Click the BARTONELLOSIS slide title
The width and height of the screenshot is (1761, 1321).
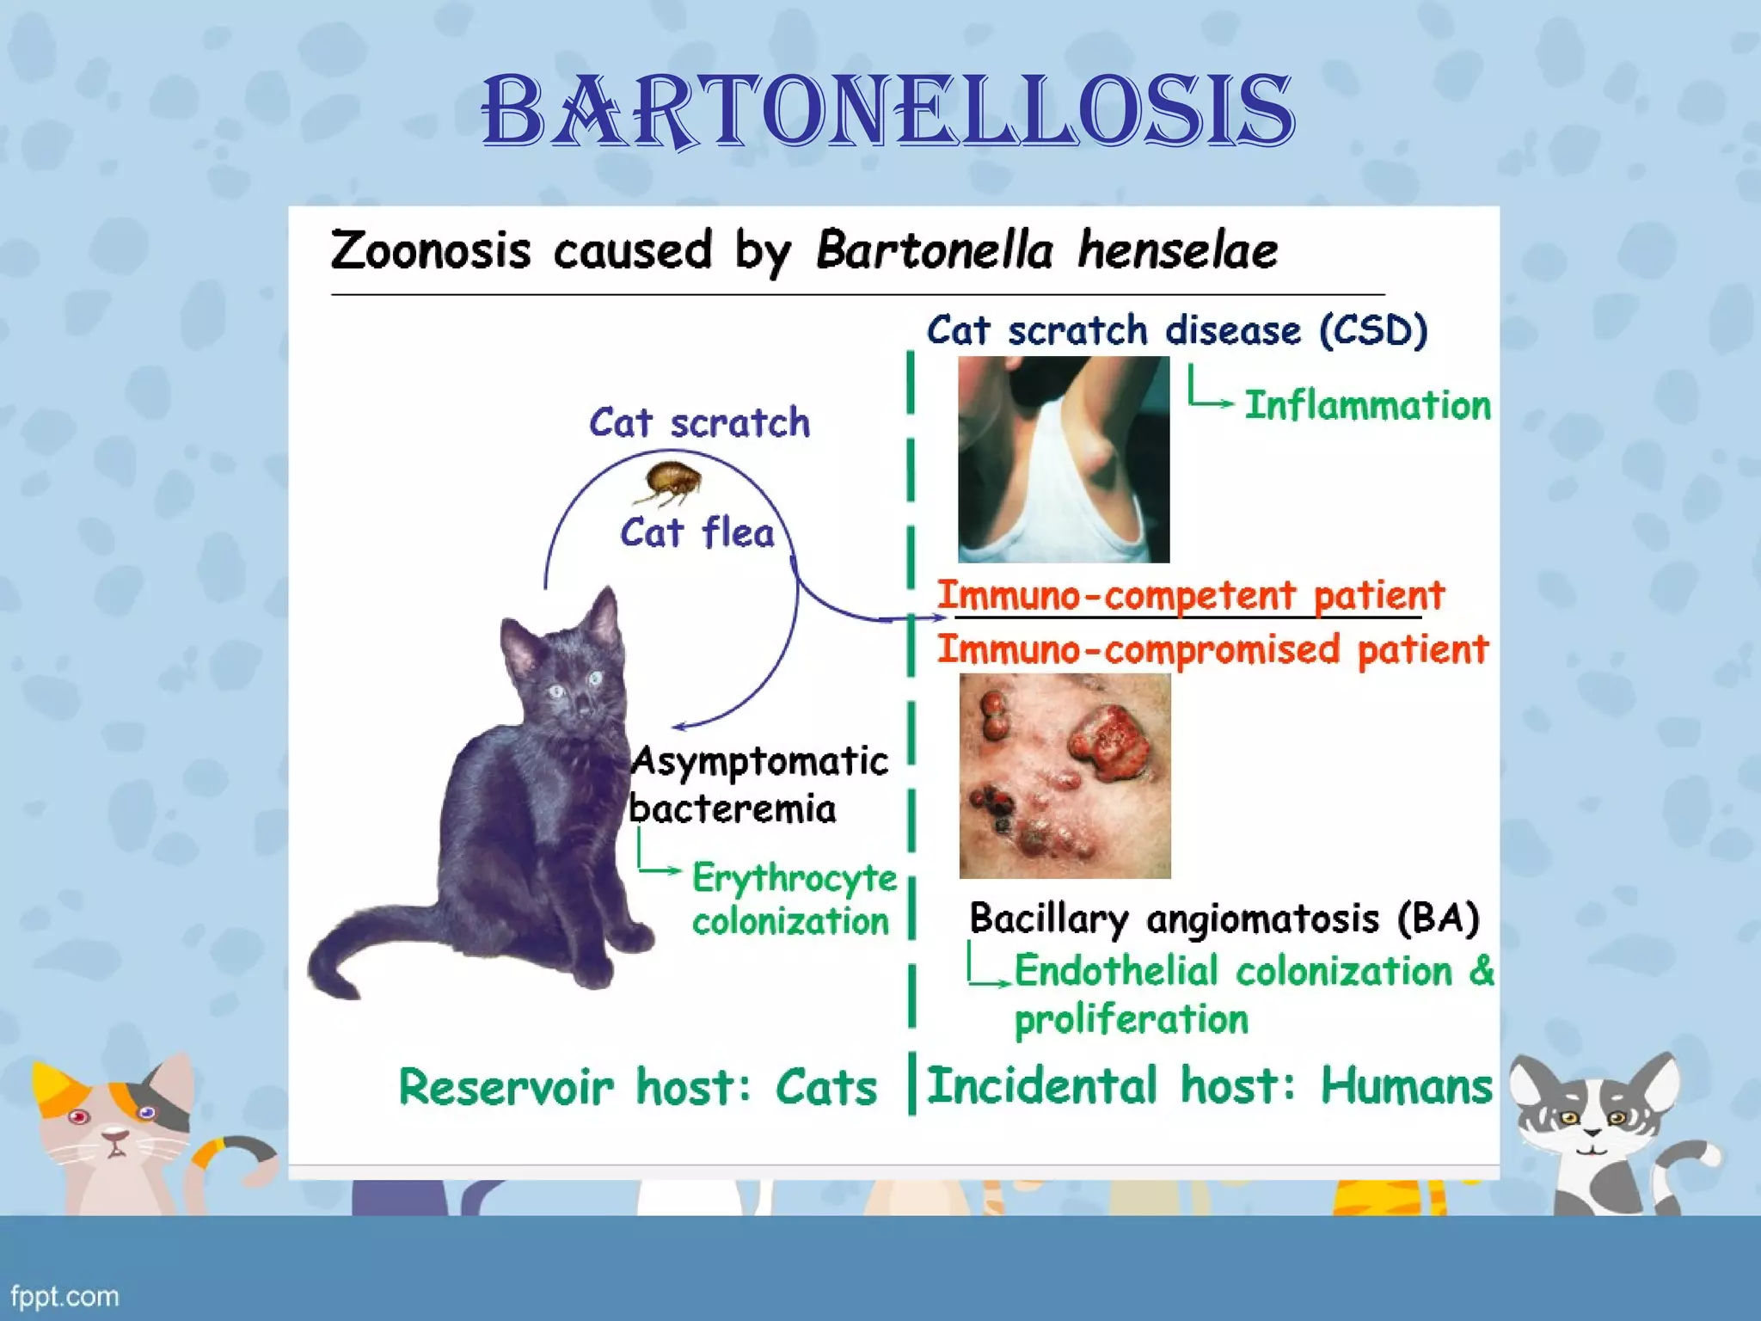pyautogui.click(x=887, y=112)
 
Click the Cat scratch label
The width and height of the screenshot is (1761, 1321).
pyautogui.click(x=699, y=423)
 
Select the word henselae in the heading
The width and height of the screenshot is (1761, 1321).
pyautogui.click(x=1177, y=251)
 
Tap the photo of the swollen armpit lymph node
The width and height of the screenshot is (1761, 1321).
pyautogui.click(x=1064, y=459)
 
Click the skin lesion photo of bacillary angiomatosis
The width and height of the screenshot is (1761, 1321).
pyautogui.click(x=1065, y=776)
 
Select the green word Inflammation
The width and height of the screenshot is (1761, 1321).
pyautogui.click(x=1367, y=406)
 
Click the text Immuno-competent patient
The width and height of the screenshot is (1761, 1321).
pyautogui.click(x=1191, y=595)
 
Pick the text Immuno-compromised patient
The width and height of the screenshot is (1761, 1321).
pyautogui.click(x=1212, y=649)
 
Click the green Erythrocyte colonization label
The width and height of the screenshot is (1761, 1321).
pyautogui.click(x=793, y=900)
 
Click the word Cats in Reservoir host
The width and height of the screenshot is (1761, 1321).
pyautogui.click(x=825, y=1087)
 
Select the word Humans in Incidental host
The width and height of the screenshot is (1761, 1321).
pyautogui.click(x=1407, y=1085)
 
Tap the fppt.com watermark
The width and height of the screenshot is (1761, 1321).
pyautogui.click(x=64, y=1296)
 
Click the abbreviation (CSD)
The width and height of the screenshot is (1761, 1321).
pyautogui.click(x=1373, y=331)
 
